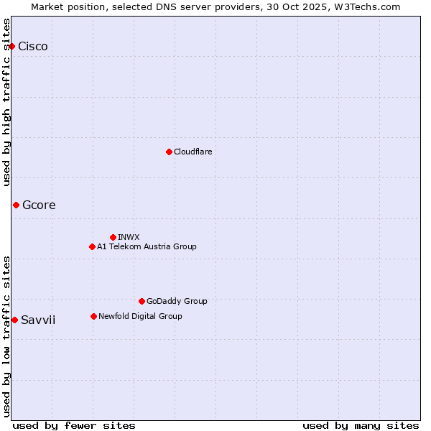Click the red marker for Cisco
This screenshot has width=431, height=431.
click(11, 46)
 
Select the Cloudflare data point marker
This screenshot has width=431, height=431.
click(169, 152)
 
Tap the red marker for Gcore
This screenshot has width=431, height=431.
click(16, 205)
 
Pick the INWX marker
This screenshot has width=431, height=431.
click(113, 237)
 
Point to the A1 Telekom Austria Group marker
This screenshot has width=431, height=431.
click(92, 246)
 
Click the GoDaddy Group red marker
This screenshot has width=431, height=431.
click(142, 301)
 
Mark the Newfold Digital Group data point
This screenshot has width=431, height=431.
click(93, 316)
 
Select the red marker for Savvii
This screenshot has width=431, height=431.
click(14, 320)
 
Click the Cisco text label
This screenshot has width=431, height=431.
click(33, 47)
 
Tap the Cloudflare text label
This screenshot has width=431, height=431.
click(193, 152)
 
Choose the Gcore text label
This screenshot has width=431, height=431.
click(39, 205)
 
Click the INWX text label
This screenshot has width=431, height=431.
click(129, 237)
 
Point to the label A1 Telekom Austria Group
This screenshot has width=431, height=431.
click(147, 246)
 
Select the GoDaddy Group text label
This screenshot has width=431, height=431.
click(177, 301)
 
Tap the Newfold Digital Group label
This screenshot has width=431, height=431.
click(140, 316)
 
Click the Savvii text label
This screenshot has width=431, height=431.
click(38, 320)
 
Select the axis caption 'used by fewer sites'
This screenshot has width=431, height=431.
click(74, 425)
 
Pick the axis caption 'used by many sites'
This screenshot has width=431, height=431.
click(361, 425)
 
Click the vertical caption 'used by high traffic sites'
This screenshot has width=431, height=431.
click(7, 102)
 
